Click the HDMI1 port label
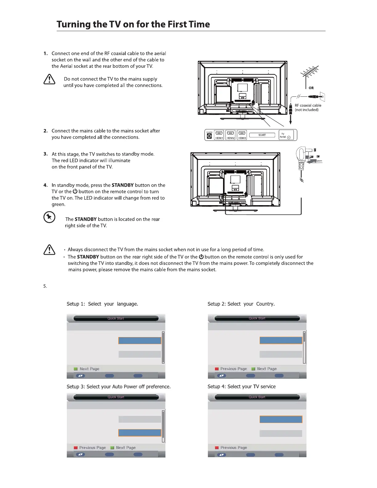click(x=219, y=138)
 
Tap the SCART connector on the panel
click(x=262, y=135)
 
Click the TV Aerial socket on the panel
click(x=289, y=138)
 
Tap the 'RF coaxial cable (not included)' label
click(x=308, y=108)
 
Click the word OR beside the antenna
click(x=311, y=88)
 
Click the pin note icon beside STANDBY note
click(x=49, y=217)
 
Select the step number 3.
click(x=46, y=154)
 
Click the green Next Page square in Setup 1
click(x=75, y=369)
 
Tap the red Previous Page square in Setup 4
click(x=217, y=448)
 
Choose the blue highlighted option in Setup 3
click(x=140, y=433)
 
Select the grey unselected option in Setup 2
click(x=281, y=354)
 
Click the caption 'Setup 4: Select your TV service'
click(x=241, y=387)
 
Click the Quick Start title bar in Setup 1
click(x=116, y=318)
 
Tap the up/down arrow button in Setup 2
click(x=222, y=376)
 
